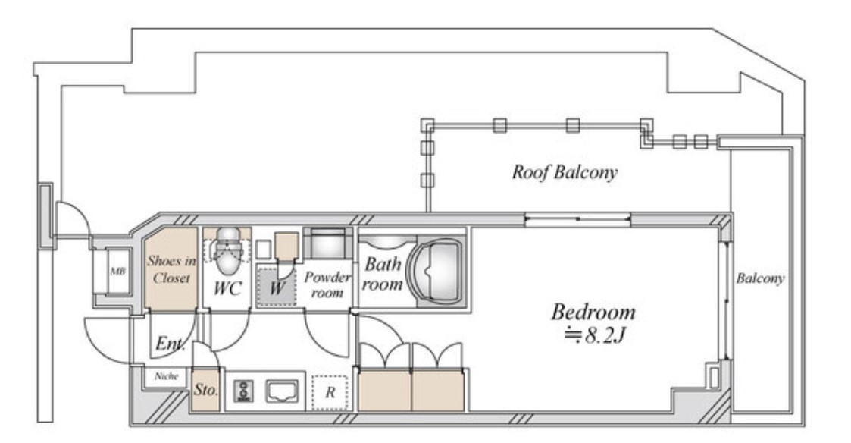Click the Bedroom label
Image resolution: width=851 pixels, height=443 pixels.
click(x=593, y=312)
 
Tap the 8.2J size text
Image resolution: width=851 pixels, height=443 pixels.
click(x=595, y=335)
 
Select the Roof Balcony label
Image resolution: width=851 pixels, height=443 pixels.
click(x=565, y=172)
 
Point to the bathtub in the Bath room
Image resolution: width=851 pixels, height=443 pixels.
click(x=437, y=270)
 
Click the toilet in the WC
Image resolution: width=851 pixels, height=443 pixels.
click(x=227, y=250)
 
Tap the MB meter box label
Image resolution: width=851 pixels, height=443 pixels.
click(x=117, y=271)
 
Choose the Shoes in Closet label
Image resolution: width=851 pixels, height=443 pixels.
click(x=171, y=269)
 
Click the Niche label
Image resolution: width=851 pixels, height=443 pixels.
click(x=166, y=376)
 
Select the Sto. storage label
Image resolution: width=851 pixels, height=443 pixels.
click(x=205, y=389)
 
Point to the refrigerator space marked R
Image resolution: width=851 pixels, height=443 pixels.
click(x=330, y=392)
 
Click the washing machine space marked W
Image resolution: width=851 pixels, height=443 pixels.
click(x=277, y=287)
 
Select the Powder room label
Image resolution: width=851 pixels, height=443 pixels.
click(x=327, y=284)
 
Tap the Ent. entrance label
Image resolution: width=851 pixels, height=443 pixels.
click(x=170, y=344)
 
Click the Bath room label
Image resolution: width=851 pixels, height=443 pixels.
click(x=383, y=274)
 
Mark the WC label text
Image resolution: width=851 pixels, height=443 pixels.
click(x=227, y=288)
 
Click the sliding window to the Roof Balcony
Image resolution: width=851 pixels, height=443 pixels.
click(x=577, y=219)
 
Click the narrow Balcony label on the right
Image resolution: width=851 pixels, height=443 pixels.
click(x=760, y=279)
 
